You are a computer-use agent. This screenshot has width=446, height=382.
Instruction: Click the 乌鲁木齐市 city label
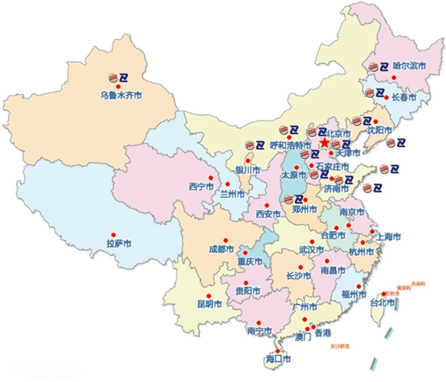click(120, 96)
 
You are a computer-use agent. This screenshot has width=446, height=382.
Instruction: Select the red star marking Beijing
click(324, 142)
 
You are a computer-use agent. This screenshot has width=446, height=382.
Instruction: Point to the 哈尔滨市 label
click(408, 66)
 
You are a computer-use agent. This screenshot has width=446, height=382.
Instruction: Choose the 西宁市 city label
click(201, 186)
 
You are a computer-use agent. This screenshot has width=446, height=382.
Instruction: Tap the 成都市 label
click(221, 249)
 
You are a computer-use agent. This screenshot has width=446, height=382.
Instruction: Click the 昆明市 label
click(210, 303)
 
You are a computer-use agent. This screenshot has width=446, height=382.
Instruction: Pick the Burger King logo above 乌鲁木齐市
click(112, 76)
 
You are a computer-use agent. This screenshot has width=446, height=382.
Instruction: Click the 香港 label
click(322, 334)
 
